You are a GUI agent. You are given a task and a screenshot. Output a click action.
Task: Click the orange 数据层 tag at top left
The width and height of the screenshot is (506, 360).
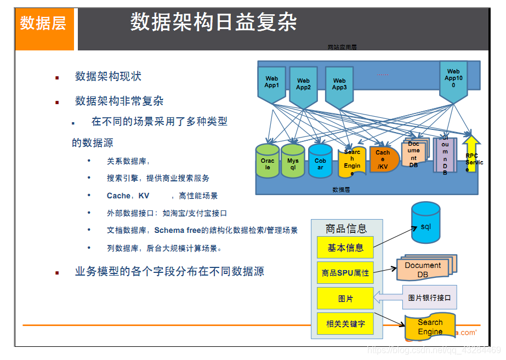coord(43,24)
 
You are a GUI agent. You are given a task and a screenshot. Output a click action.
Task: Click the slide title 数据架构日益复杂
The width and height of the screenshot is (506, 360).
coord(214,22)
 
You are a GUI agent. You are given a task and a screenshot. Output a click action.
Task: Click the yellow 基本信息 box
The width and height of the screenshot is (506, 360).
coord(345,248)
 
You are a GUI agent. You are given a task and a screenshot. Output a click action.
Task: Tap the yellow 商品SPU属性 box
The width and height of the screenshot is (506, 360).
coord(345,272)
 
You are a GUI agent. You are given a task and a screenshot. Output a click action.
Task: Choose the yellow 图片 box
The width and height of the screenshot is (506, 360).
coord(345,299)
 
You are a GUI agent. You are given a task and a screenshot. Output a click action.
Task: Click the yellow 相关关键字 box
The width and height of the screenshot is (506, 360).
coord(345,324)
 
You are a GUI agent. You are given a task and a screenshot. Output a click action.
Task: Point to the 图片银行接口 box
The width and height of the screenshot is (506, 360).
coord(429,298)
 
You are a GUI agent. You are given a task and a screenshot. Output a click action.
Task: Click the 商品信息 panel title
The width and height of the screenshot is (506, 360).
coord(346,228)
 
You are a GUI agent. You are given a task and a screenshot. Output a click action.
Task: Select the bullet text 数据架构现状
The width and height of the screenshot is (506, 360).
coord(108,76)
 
